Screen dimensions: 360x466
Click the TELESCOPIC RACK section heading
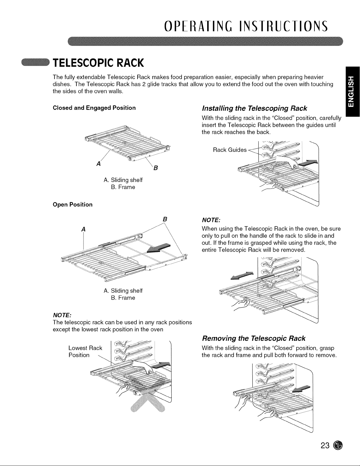tap(98, 63)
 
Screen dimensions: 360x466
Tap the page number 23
tap(325, 445)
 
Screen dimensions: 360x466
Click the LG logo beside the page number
tap(338, 445)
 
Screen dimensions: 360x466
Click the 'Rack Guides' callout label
tap(230, 150)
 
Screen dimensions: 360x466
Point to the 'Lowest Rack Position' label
tap(85, 351)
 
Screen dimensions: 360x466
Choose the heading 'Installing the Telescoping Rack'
tap(254, 108)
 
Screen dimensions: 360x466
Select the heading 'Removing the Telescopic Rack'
tap(254, 338)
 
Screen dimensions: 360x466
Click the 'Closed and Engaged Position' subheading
tap(94, 108)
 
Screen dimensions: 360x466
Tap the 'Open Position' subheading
tap(73, 204)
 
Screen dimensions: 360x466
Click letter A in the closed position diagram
tap(98, 164)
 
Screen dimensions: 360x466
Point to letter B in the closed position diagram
tap(156, 168)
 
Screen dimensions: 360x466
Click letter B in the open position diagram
tap(165, 219)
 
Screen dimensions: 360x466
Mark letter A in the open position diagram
tap(83, 229)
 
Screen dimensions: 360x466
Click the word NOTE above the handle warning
tap(211, 220)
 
